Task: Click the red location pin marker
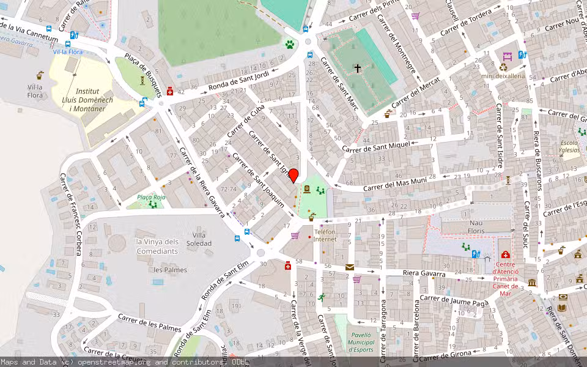pyautogui.click(x=293, y=176)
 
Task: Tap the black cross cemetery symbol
pyautogui.click(x=358, y=69)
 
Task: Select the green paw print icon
pyautogui.click(x=289, y=44)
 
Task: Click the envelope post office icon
pyautogui.click(x=349, y=267)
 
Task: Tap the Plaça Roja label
pyautogui.click(x=151, y=197)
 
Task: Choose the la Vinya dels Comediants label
pyautogui.click(x=157, y=246)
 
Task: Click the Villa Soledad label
pyautogui.click(x=202, y=239)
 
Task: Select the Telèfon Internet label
pyautogui.click(x=325, y=235)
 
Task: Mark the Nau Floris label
pyautogui.click(x=476, y=228)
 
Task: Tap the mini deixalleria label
pyautogui.click(x=503, y=76)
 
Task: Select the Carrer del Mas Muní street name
pyautogui.click(x=394, y=183)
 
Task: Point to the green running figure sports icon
pyautogui.click(x=322, y=298)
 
